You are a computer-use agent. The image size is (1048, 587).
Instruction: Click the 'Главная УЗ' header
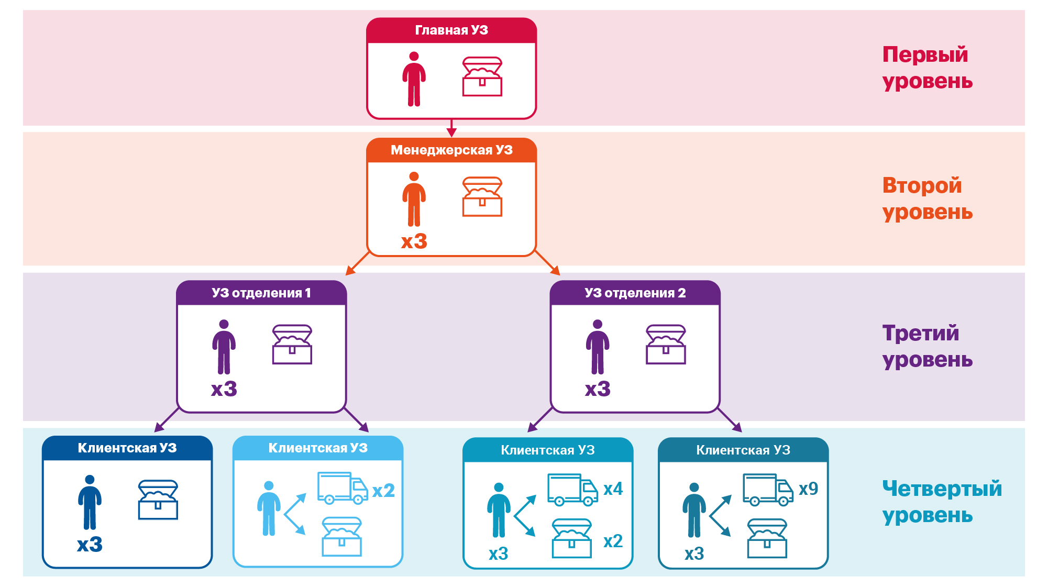click(x=451, y=30)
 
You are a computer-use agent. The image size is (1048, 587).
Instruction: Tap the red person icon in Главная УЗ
click(x=414, y=79)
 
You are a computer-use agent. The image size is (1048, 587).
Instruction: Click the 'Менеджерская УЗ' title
click(x=451, y=150)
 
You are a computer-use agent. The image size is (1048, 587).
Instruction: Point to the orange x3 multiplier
click(x=414, y=241)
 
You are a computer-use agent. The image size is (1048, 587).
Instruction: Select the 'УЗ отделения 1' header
click(x=261, y=293)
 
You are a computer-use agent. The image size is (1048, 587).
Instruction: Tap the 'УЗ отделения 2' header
click(x=635, y=293)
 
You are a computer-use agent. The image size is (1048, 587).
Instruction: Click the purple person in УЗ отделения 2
click(x=597, y=347)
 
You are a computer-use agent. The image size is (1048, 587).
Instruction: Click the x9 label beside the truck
click(x=808, y=489)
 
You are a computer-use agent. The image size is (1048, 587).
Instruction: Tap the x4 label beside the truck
click(x=613, y=489)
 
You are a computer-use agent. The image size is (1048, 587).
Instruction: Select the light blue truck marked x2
click(x=343, y=488)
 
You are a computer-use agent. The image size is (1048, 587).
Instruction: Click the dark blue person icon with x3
click(x=90, y=502)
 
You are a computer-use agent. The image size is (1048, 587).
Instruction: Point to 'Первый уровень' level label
click(x=926, y=68)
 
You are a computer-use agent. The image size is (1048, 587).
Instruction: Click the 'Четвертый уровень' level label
click(x=941, y=502)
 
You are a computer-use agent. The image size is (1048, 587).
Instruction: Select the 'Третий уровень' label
click(x=926, y=346)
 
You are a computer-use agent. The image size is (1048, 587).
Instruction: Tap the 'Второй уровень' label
click(x=926, y=198)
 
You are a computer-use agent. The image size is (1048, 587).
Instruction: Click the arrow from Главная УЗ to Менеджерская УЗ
click(x=451, y=128)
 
